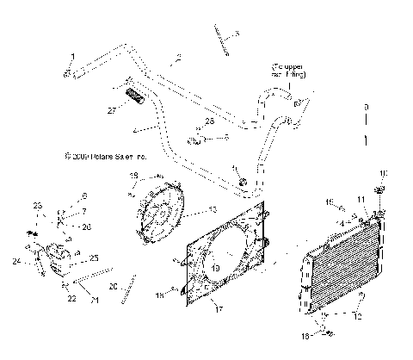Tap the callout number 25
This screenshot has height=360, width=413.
pos(94,258)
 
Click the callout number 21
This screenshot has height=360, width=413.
pos(95,300)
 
